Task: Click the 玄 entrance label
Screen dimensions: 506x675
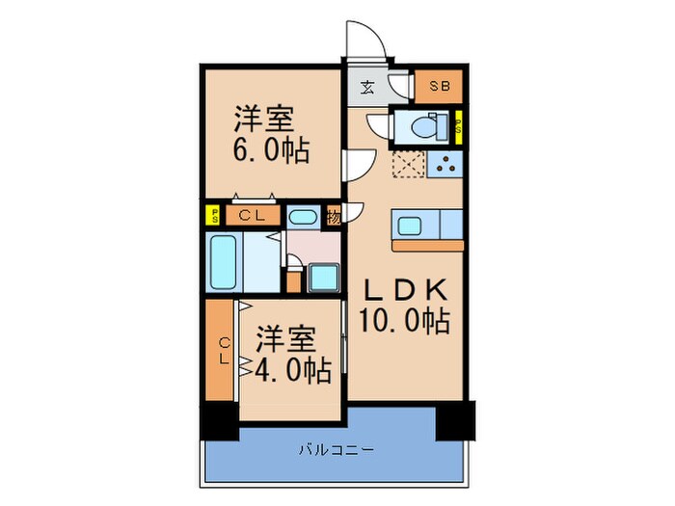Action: (x=368, y=88)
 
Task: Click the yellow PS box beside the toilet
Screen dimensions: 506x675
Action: (x=458, y=126)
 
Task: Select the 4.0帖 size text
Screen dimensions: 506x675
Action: (x=291, y=368)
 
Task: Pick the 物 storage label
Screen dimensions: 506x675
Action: (x=333, y=216)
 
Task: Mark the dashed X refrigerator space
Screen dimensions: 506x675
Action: (x=408, y=165)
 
